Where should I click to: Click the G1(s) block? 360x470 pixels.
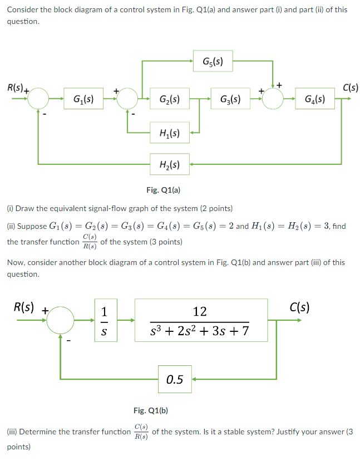click(x=83, y=100)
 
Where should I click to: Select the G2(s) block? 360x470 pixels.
click(x=169, y=100)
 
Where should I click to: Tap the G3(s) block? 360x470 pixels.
click(x=230, y=100)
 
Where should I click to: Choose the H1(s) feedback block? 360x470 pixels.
click(x=169, y=133)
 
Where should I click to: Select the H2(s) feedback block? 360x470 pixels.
click(x=169, y=164)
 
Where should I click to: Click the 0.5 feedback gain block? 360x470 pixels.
click(x=175, y=380)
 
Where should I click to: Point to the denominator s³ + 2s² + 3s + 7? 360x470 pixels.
click(x=200, y=332)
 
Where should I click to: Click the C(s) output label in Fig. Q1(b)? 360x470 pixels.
click(x=300, y=307)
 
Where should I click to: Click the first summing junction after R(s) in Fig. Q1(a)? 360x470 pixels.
click(x=40, y=100)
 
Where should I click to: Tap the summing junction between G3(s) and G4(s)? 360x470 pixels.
click(x=273, y=100)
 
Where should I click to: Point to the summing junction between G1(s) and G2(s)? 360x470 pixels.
click(x=129, y=100)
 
